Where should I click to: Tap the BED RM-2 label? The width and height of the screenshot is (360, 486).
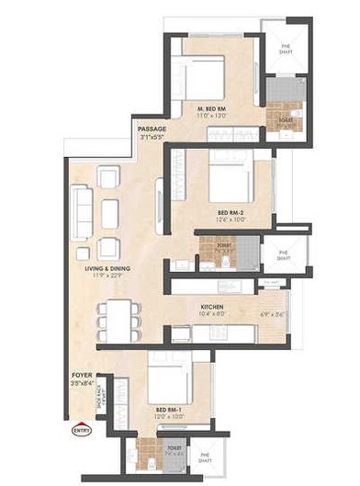coord(225,212)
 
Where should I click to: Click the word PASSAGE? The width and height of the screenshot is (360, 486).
coord(152,129)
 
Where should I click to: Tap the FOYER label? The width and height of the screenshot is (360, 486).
coord(82,377)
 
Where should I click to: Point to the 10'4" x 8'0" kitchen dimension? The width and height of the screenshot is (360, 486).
coord(215,317)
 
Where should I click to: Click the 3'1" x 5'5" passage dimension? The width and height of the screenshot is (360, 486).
coord(152,137)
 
